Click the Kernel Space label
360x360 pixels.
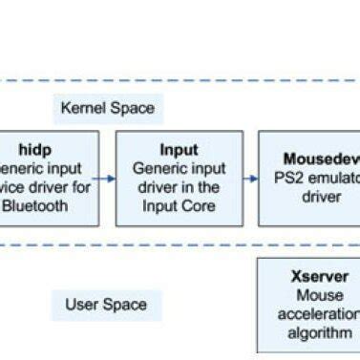click(107, 108)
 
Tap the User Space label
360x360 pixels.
click(105, 305)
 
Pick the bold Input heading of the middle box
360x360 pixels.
click(179, 150)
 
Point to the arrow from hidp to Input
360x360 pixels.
click(106, 178)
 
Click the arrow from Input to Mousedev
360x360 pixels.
click(249, 178)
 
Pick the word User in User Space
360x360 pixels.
click(82, 305)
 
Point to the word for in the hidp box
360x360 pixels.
click(82, 186)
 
